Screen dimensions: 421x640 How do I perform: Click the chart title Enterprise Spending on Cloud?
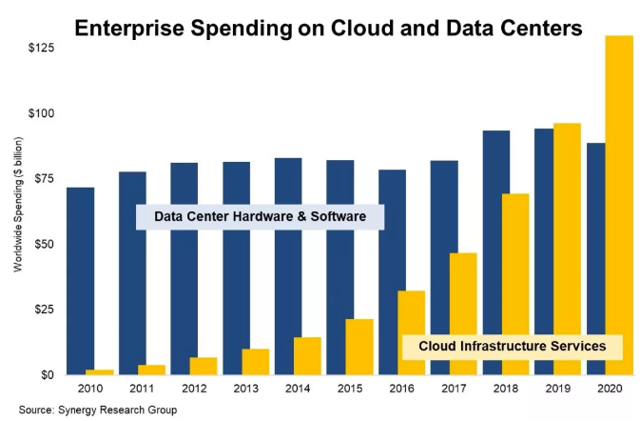328,30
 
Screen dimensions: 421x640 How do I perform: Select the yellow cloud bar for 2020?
619,205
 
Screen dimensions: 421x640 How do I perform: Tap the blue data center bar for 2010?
81,281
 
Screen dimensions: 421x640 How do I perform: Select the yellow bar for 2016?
411,332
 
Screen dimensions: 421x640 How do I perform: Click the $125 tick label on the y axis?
39,48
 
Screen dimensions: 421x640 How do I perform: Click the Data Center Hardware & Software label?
260,217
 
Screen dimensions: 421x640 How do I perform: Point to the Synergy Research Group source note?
96,410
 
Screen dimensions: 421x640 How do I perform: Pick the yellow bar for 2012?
203,366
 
